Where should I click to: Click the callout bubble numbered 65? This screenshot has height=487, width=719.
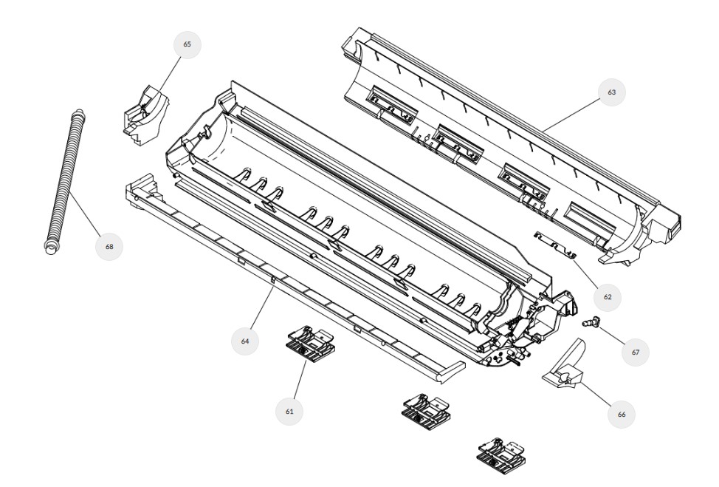pyautogui.click(x=187, y=44)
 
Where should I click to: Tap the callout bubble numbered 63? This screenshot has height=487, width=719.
pyautogui.click(x=612, y=92)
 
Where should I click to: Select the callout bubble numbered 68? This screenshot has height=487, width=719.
pyautogui.click(x=109, y=247)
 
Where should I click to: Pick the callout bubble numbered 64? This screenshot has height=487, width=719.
pyautogui.click(x=245, y=341)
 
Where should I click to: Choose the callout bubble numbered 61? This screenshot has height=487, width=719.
pyautogui.click(x=289, y=412)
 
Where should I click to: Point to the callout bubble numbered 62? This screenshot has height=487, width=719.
pyautogui.click(x=608, y=297)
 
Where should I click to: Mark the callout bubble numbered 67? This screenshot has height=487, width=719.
pyautogui.click(x=636, y=352)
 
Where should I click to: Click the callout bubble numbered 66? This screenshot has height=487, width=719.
pyautogui.click(x=622, y=414)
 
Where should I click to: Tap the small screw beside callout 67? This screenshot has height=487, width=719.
pyautogui.click(x=589, y=321)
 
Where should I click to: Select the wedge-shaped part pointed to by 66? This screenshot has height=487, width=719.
pyautogui.click(x=565, y=367)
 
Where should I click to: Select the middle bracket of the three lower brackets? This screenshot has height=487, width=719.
pyautogui.click(x=426, y=410)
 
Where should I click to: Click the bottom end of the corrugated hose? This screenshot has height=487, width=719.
pyautogui.click(x=49, y=248)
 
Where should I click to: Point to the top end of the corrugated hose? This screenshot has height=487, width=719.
pyautogui.click(x=79, y=112)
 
